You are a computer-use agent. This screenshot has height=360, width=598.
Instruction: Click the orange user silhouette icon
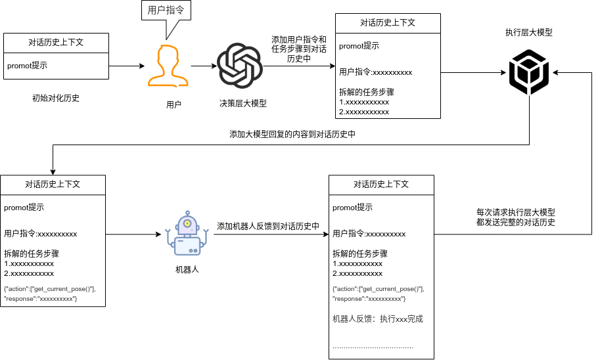tap(168, 65)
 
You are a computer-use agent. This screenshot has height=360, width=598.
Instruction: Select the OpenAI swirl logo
tap(240, 66)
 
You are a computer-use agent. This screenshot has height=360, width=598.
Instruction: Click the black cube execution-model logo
tap(529, 72)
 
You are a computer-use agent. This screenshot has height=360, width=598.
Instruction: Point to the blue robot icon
tap(187, 233)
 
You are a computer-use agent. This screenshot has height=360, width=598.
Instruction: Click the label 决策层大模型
tap(243, 104)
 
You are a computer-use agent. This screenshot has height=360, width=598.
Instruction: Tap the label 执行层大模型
tap(529, 32)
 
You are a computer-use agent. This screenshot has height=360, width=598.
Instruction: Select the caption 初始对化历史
tap(56, 99)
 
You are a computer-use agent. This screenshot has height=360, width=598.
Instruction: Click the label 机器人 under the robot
tap(187, 270)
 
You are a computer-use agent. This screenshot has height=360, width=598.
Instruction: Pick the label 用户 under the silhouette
tap(173, 104)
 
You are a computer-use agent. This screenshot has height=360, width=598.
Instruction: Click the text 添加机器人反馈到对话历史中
tap(268, 226)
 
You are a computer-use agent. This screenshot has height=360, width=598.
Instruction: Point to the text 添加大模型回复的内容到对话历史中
tap(292, 135)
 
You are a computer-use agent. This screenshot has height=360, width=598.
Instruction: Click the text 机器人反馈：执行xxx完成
tap(378, 319)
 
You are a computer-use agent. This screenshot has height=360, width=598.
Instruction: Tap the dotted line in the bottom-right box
tap(373, 346)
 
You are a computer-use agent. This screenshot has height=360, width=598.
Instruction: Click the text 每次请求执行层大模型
tap(516, 213)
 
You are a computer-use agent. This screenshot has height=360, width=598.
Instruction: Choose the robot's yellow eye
tap(188, 223)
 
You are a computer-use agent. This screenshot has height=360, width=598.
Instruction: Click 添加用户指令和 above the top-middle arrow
tap(299, 39)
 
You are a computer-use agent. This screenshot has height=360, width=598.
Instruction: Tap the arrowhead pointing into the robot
tap(160, 234)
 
